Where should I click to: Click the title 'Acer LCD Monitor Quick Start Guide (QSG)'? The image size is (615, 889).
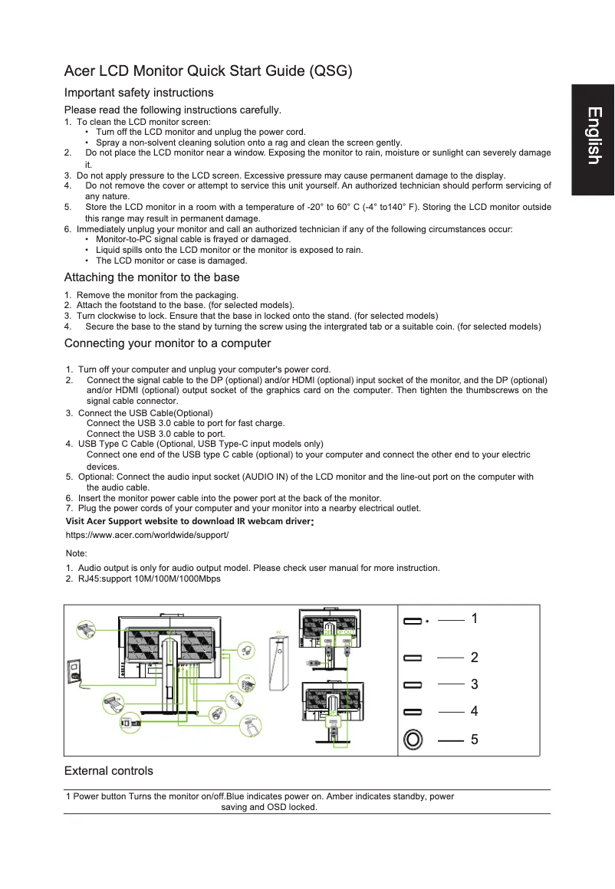(x=208, y=72)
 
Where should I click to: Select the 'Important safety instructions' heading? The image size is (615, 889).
(x=139, y=93)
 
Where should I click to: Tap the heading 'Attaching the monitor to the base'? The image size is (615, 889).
(x=152, y=277)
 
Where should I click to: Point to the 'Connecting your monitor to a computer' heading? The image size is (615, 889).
(x=167, y=343)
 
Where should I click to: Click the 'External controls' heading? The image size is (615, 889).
(x=108, y=771)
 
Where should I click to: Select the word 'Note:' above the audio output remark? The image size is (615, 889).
(x=77, y=553)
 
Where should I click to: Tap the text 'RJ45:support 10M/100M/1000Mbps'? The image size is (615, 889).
(x=149, y=579)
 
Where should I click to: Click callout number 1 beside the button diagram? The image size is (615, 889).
(x=475, y=618)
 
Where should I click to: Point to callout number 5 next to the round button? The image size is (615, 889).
(x=475, y=740)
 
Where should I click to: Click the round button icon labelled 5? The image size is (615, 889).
(x=413, y=740)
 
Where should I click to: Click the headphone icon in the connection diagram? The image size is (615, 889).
(x=245, y=651)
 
